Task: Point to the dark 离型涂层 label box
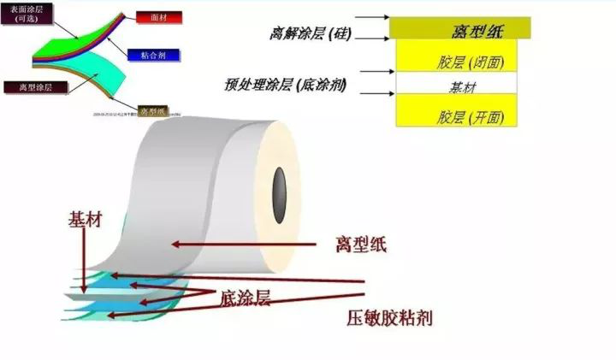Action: point(27,87)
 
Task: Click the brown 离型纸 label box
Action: point(155,111)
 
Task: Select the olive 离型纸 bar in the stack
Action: point(460,30)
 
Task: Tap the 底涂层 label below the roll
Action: point(246,298)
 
